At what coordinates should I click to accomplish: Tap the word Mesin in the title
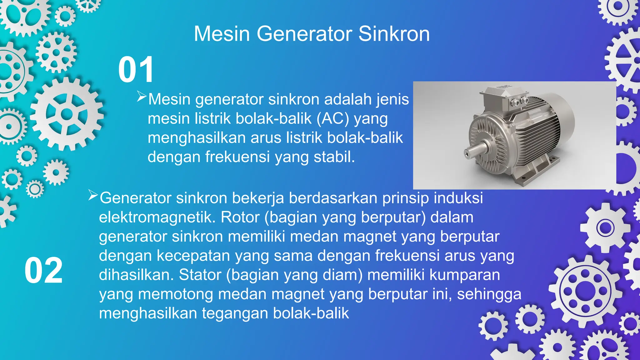[x=222, y=34]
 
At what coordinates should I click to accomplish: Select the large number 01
[x=136, y=70]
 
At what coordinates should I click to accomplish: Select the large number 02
[x=43, y=271]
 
